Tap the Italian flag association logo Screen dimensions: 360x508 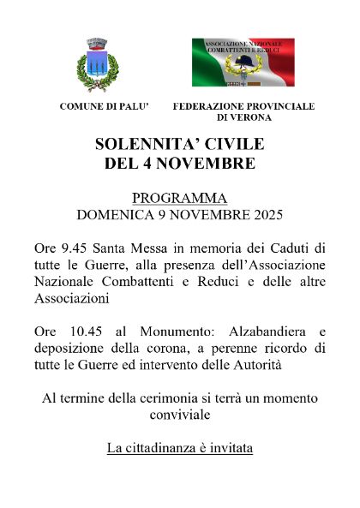243,63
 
